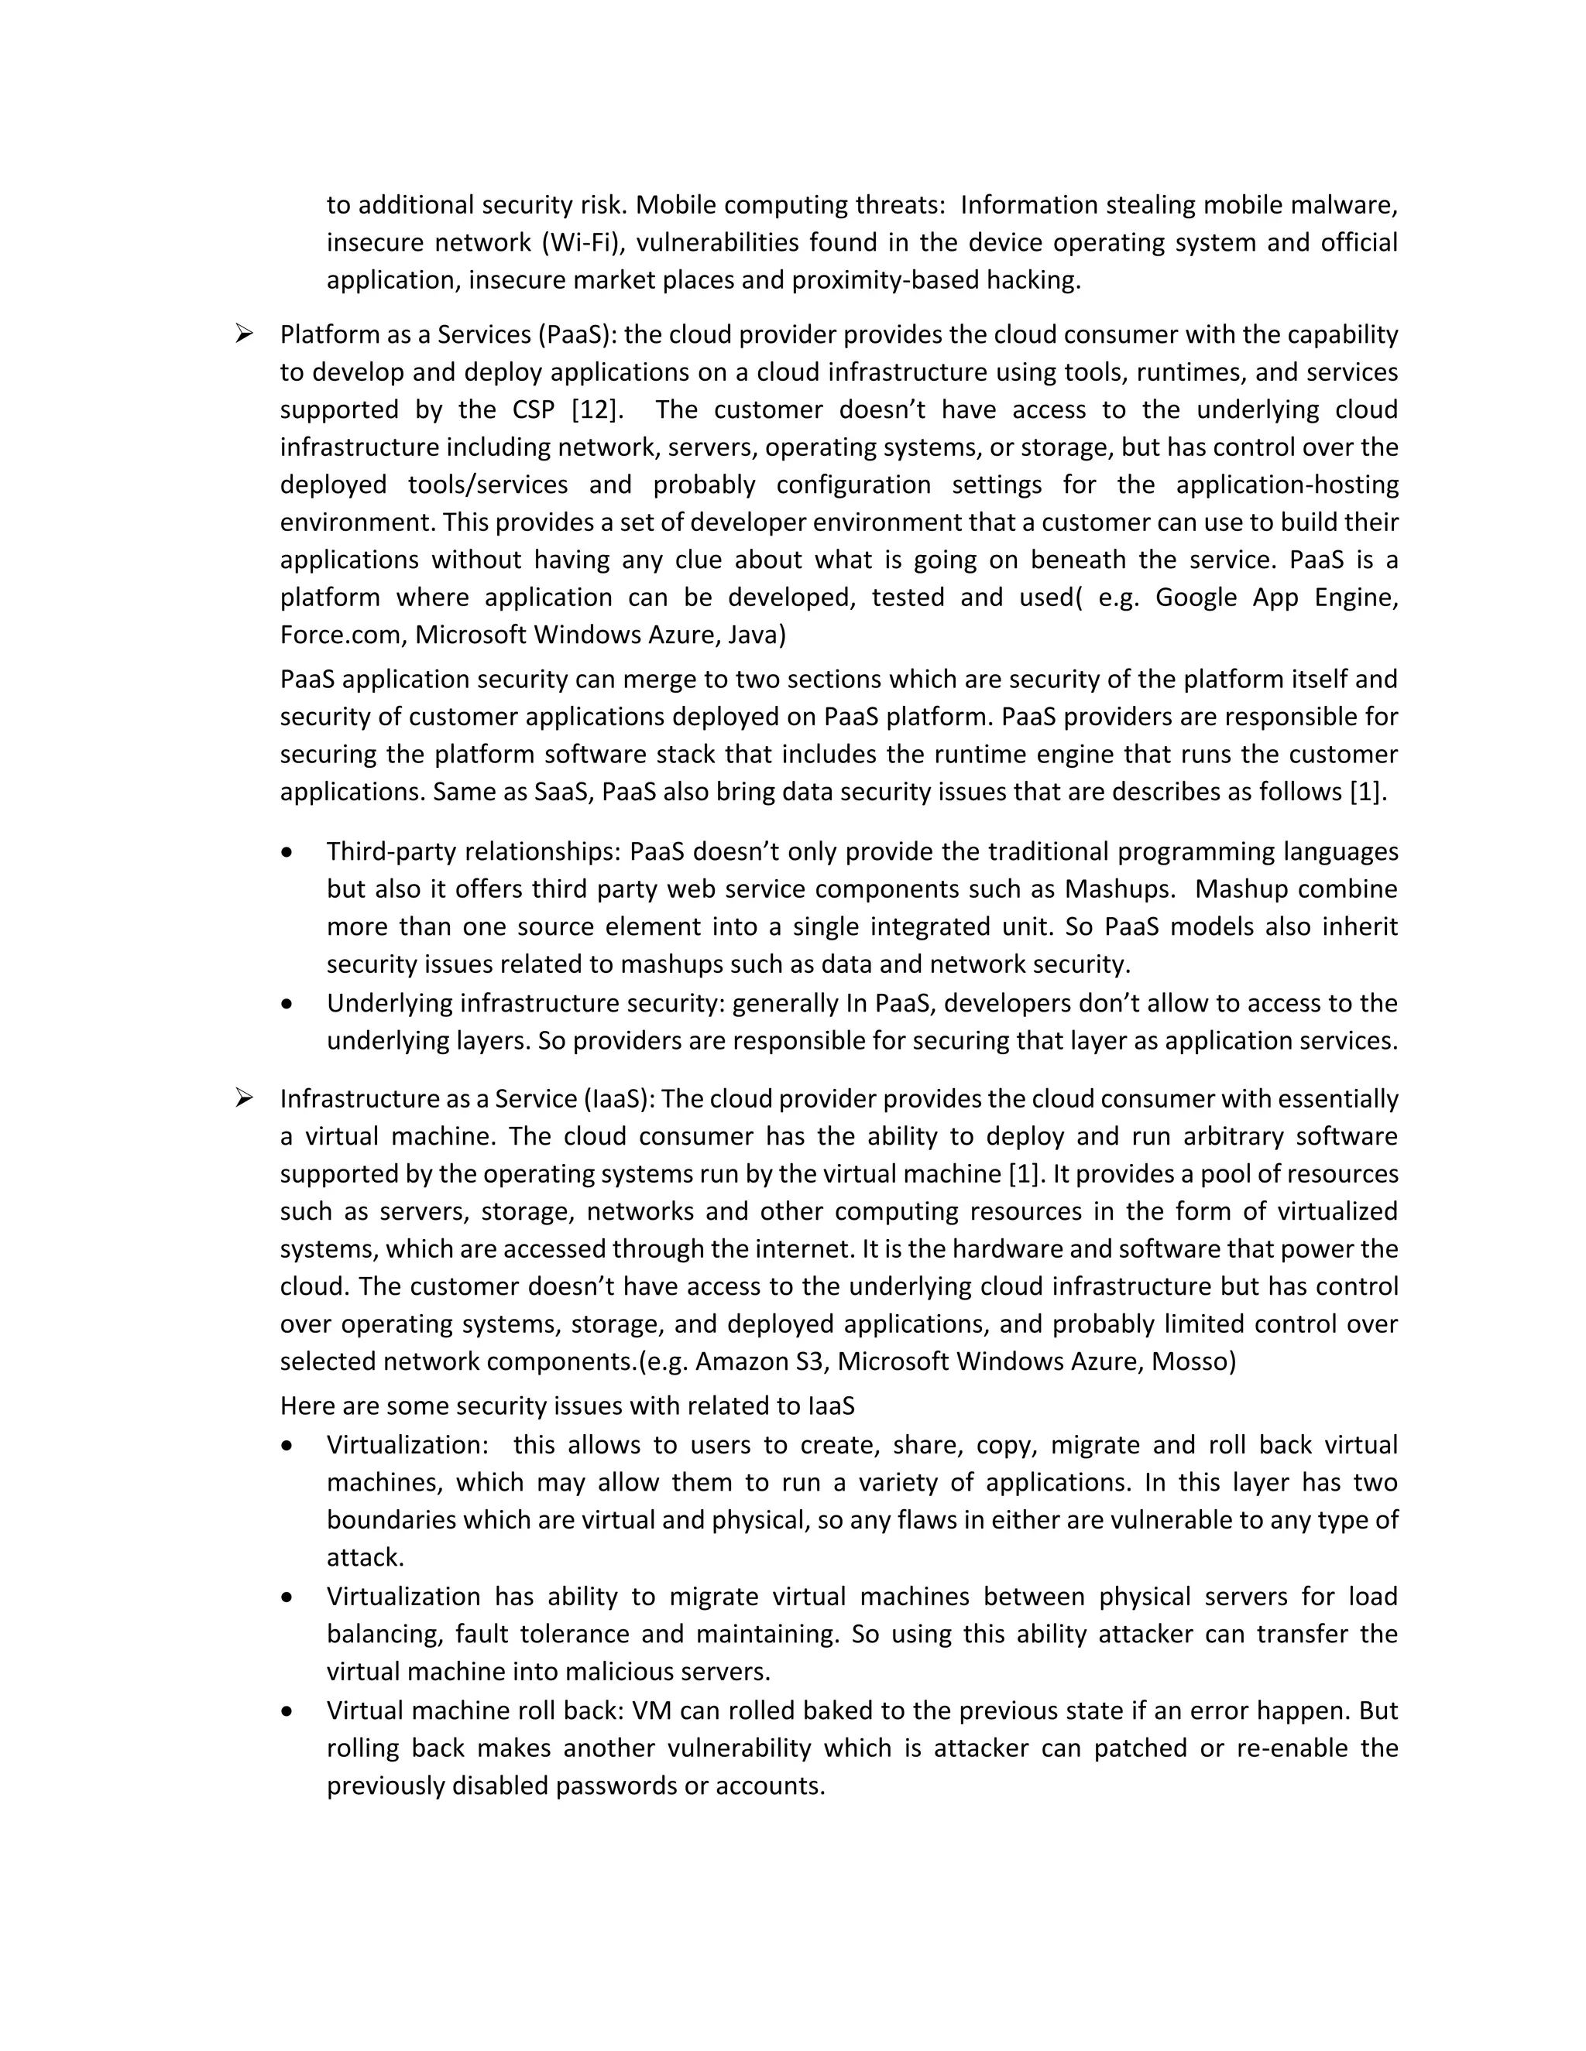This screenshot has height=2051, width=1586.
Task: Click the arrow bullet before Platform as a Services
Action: pyautogui.click(x=244, y=334)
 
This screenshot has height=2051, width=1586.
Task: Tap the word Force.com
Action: pyautogui.click(x=342, y=635)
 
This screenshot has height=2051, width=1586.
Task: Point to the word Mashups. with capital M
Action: pyautogui.click(x=1118, y=889)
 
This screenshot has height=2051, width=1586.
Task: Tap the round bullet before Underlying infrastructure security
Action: pyautogui.click(x=287, y=1004)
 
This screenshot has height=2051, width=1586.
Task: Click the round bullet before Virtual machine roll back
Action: pyautogui.click(x=287, y=1712)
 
